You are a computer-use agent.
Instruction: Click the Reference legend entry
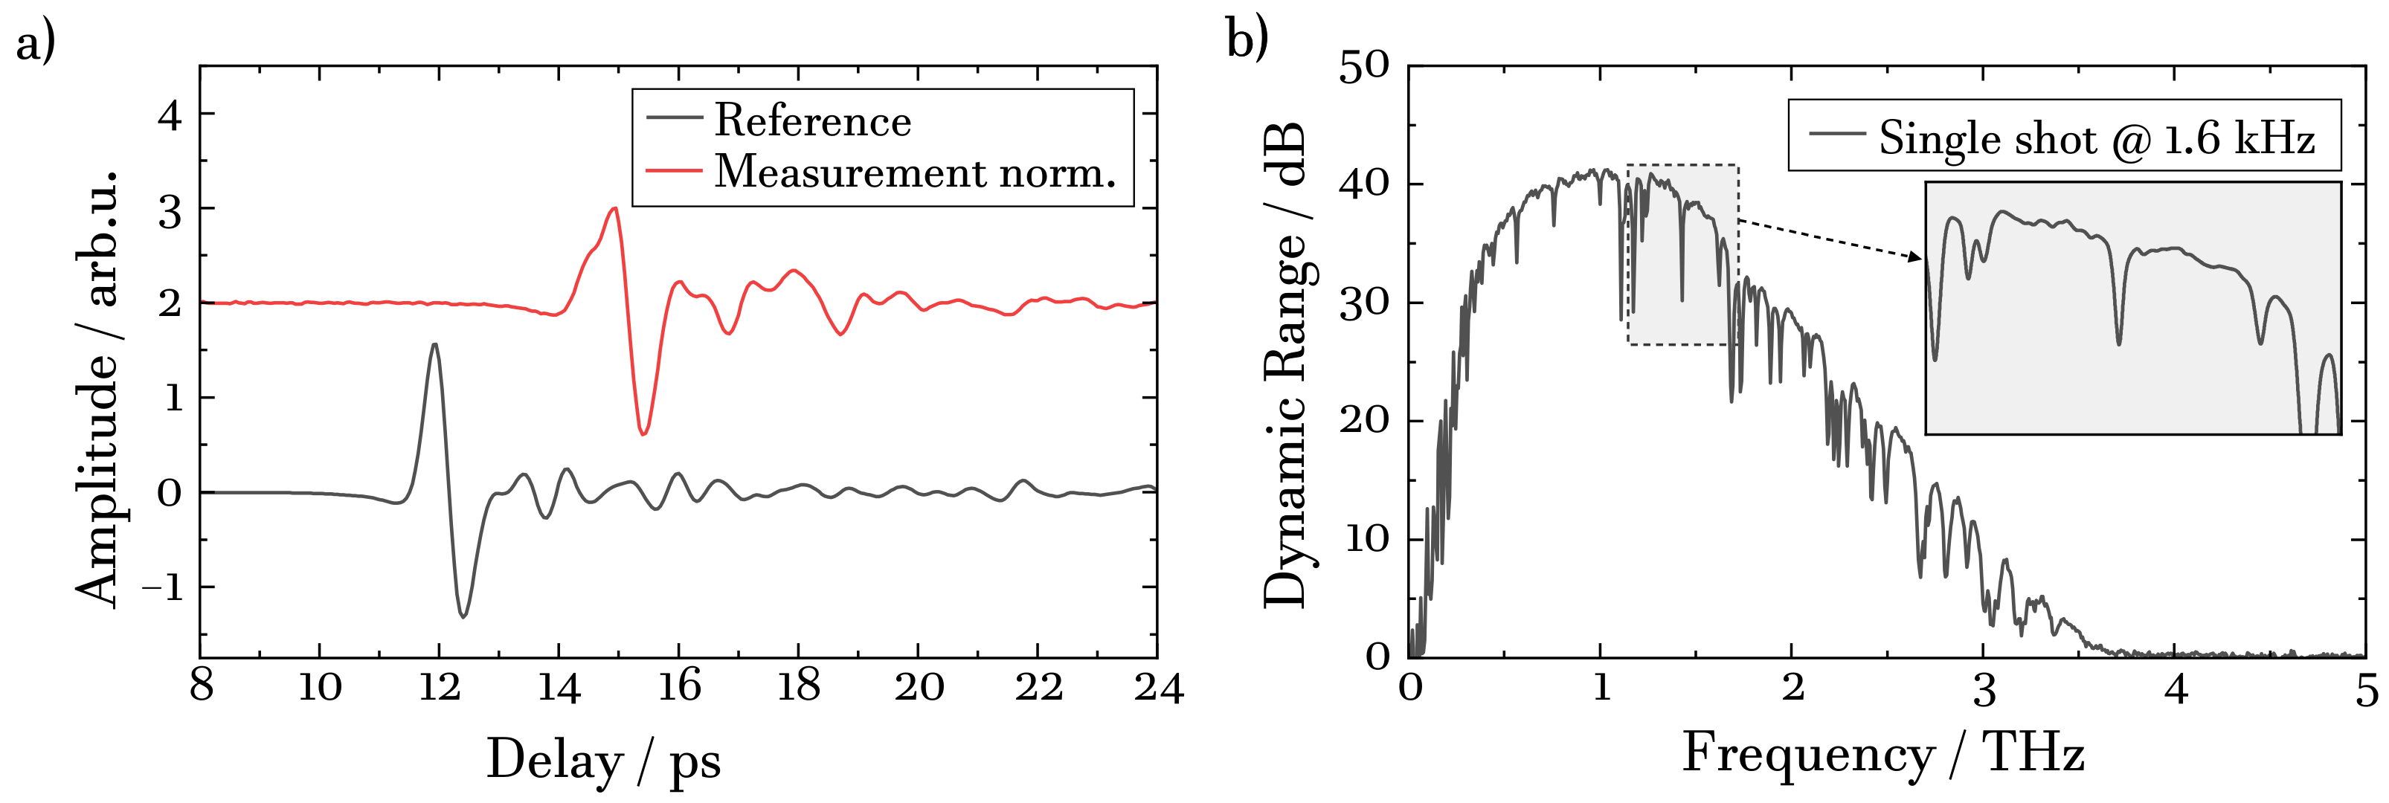(811, 120)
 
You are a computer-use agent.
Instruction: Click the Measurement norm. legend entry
(913, 172)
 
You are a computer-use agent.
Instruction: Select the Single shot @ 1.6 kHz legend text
(2096, 139)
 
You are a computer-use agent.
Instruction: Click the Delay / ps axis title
(602, 761)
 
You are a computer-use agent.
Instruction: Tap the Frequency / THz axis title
(1882, 753)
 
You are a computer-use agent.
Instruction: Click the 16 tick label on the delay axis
(679, 688)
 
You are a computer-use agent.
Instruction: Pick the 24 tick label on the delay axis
(1157, 688)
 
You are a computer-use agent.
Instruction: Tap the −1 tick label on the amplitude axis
(162, 587)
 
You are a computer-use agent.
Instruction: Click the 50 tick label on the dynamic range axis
(1364, 66)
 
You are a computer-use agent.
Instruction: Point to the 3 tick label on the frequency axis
(1984, 691)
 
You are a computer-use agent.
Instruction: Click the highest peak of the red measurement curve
(613, 209)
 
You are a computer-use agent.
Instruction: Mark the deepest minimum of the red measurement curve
(643, 433)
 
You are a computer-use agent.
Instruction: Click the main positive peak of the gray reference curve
(434, 344)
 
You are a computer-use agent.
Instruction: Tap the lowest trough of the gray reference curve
(463, 616)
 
